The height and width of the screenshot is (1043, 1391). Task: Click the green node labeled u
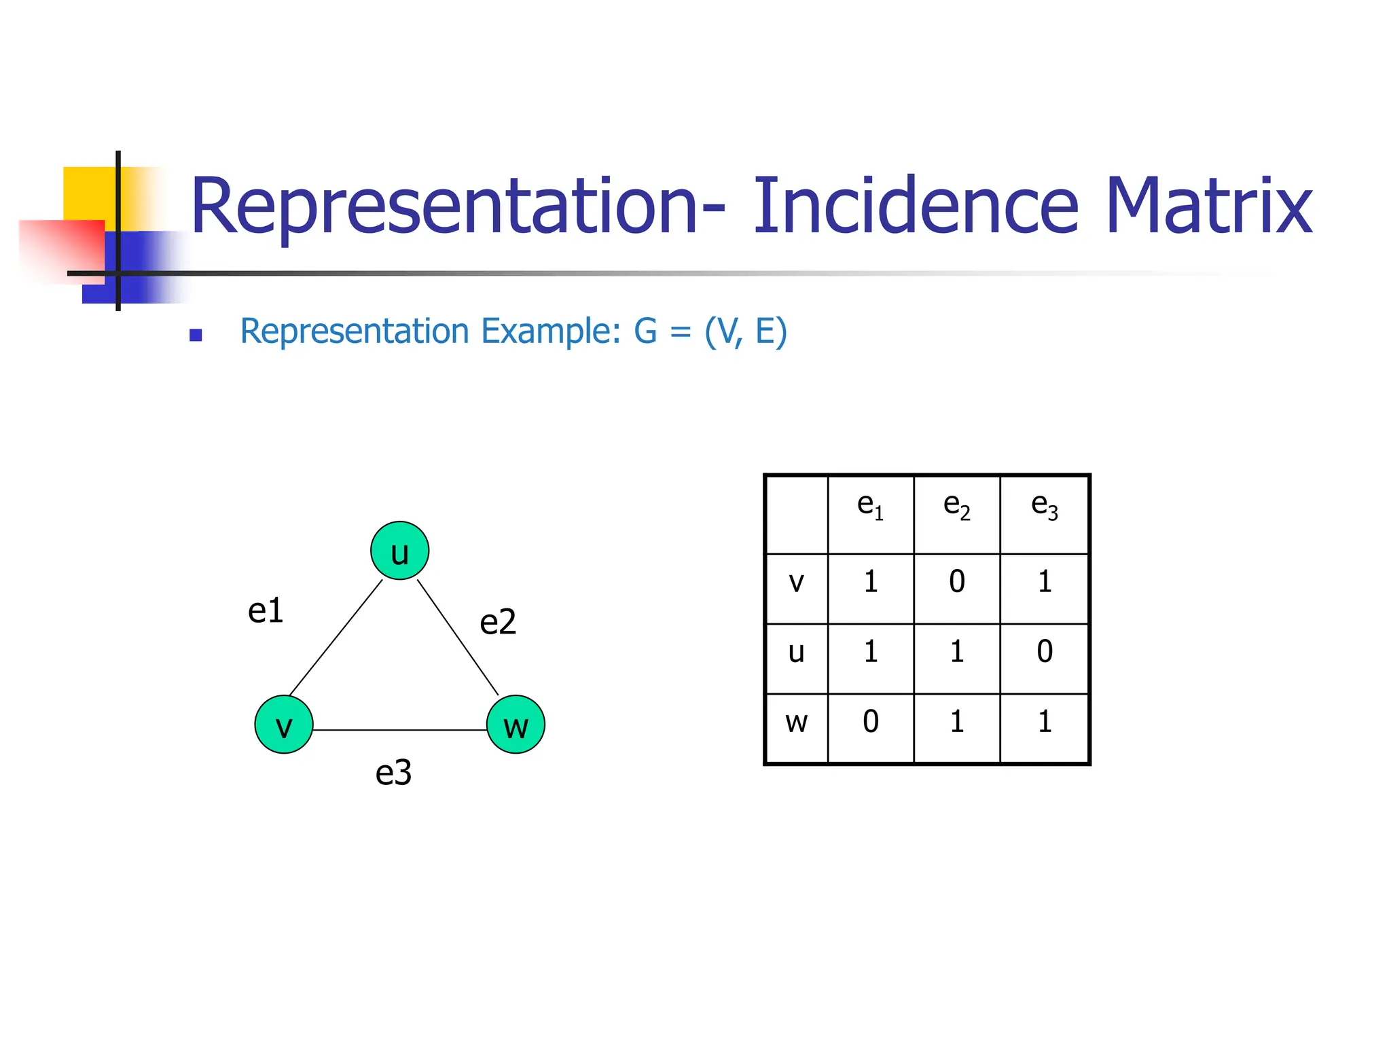point(399,551)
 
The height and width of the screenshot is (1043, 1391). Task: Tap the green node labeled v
point(284,725)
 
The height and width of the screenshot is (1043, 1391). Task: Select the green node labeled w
point(516,725)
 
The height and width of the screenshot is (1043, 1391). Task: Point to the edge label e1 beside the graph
point(266,610)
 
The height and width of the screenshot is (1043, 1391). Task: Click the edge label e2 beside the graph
point(498,622)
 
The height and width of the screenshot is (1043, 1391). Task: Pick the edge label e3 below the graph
point(394,773)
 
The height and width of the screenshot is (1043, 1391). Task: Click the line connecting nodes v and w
point(400,730)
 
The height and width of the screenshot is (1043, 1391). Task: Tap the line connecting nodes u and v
point(336,637)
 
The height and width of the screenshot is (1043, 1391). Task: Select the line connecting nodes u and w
point(458,637)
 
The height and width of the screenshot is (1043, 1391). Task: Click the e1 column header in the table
point(871,506)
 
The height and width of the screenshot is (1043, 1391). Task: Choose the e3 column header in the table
point(1045,506)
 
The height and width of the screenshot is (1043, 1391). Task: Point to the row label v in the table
point(797,583)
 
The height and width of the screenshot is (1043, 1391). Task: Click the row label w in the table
point(797,722)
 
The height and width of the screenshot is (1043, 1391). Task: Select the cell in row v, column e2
point(957,582)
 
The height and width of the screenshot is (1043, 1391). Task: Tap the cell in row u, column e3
point(1045,652)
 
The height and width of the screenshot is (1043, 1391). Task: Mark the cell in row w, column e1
point(871,722)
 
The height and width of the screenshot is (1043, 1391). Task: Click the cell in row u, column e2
point(957,652)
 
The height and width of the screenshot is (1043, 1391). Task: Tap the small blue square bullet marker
point(196,335)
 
